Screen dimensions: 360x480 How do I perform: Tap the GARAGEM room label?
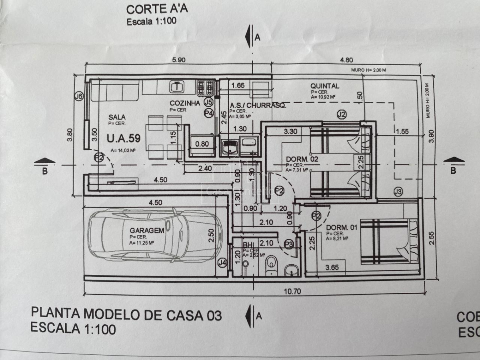[x=147, y=230]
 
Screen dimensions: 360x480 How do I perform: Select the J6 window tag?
[x=79, y=96]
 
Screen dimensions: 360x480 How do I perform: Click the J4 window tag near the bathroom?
[x=222, y=263]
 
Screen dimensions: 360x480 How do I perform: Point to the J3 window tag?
[x=397, y=192]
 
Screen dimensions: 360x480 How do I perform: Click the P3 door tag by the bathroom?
[x=289, y=243]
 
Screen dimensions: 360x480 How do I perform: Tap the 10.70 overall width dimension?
[x=292, y=291]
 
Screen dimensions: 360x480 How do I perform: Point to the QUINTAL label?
[x=325, y=86]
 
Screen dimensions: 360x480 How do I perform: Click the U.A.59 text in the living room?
[x=124, y=139]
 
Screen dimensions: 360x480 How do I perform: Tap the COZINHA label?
[x=184, y=103]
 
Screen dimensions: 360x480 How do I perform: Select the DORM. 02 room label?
[x=302, y=159]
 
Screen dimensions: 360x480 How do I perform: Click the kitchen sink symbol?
[x=176, y=86]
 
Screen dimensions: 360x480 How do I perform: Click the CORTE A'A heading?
[x=152, y=9]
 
